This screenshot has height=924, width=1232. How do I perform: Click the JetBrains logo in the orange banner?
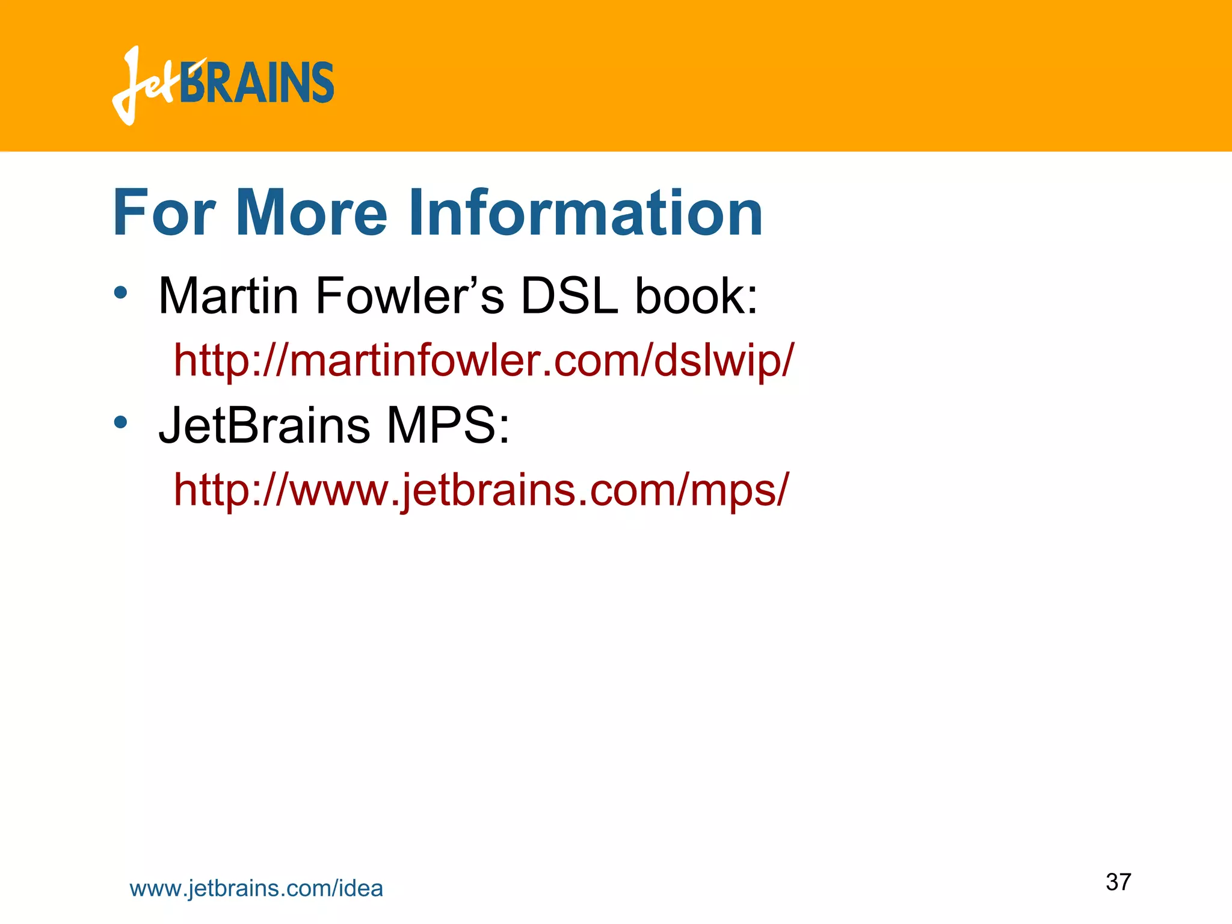[223, 85]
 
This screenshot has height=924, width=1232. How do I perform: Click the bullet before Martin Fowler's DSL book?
[121, 293]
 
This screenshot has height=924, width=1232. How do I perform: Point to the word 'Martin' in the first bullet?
[228, 296]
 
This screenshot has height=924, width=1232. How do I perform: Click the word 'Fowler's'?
[410, 296]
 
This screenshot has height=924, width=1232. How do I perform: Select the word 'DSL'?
[569, 296]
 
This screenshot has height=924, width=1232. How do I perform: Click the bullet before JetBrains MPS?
[121, 422]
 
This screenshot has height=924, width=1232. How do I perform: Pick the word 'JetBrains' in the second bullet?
[264, 425]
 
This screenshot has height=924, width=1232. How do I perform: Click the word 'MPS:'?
[448, 425]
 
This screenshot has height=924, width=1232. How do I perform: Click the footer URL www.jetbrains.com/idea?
[256, 889]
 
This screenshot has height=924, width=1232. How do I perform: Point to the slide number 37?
[1118, 882]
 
